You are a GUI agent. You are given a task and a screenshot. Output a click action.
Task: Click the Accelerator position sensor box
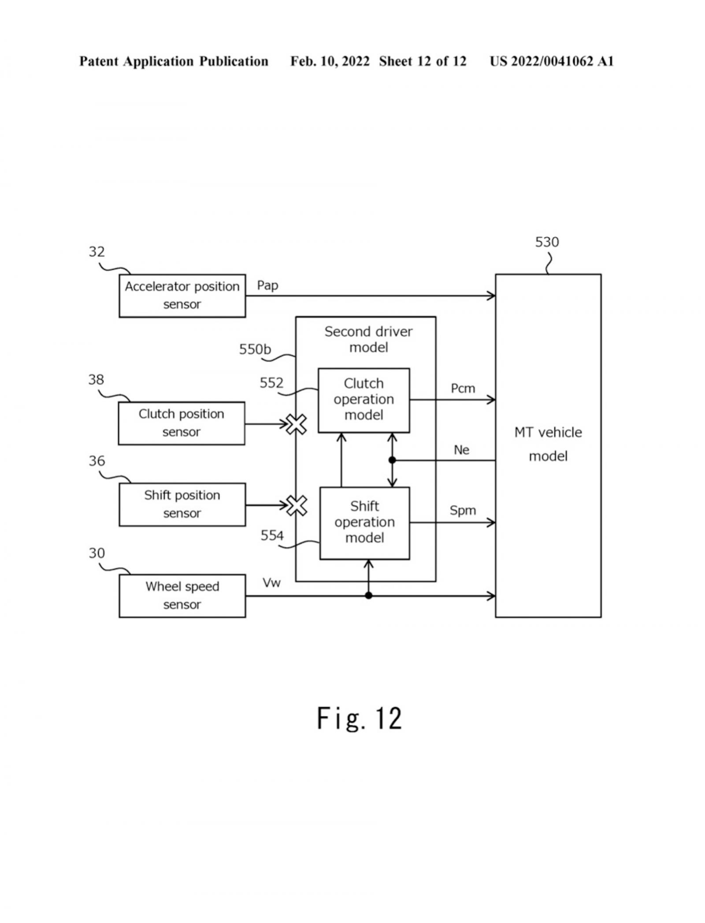tap(182, 295)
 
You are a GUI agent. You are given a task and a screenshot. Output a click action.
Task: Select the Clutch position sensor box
tap(181, 423)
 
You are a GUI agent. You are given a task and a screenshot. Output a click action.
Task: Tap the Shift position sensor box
tap(182, 504)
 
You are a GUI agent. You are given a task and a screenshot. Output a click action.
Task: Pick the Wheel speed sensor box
tap(182, 596)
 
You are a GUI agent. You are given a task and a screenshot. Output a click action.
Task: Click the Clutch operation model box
tap(364, 400)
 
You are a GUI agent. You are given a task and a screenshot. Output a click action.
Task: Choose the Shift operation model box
tap(364, 523)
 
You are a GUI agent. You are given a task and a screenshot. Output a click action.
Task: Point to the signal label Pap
tap(267, 285)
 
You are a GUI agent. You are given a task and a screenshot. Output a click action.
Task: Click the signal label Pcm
tap(463, 389)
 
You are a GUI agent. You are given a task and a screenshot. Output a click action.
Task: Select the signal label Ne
tap(461, 450)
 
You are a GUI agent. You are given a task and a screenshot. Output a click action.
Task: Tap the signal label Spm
tap(463, 511)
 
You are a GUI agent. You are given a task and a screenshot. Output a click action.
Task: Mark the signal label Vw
tap(271, 583)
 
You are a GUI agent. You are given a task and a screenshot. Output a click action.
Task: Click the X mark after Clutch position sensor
tap(297, 424)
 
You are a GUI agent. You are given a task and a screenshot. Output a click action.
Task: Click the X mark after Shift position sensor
tap(297, 505)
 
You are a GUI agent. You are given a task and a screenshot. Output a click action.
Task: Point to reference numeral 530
tap(547, 242)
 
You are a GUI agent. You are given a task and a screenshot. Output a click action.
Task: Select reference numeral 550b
tap(255, 349)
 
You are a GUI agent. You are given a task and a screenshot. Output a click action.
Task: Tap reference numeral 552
tap(271, 383)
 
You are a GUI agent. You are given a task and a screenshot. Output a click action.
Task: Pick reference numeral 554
tap(272, 535)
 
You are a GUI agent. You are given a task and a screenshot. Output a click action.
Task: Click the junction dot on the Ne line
tap(392, 460)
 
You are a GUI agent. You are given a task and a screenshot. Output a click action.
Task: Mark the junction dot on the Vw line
tap(369, 596)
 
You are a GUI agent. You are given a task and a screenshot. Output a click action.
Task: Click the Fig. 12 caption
tap(359, 719)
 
